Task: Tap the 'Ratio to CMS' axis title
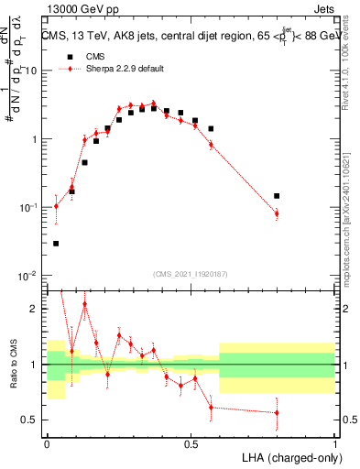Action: pyautogui.click(x=12, y=365)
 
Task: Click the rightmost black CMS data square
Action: pyautogui.click(x=277, y=196)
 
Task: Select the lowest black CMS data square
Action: pyautogui.click(x=56, y=244)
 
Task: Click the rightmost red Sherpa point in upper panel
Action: pyautogui.click(x=277, y=213)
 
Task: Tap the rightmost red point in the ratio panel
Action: pyautogui.click(x=277, y=412)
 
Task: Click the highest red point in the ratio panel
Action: pyautogui.click(x=84, y=304)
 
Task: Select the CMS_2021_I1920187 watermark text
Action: pyautogui.click(x=191, y=273)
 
